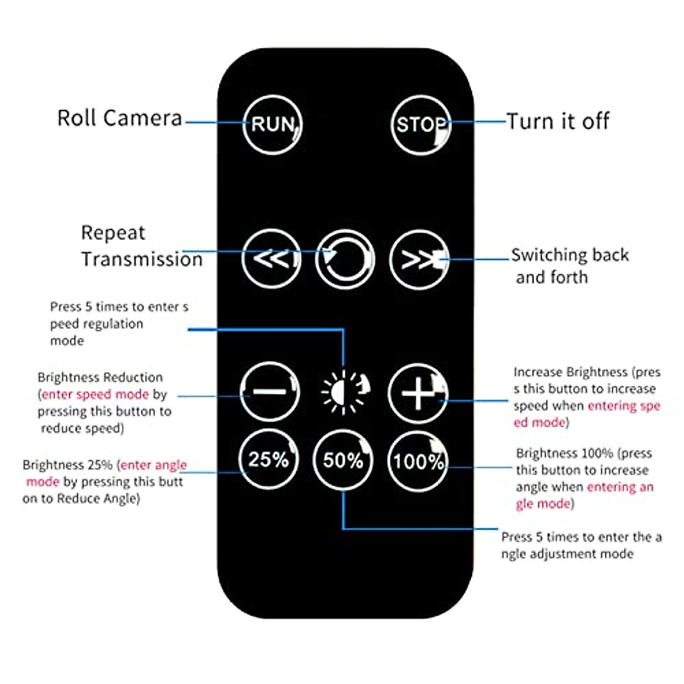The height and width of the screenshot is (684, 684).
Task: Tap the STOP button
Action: coord(421,124)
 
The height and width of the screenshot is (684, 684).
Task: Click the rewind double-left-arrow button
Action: coord(271,259)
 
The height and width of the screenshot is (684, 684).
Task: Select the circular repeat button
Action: coord(344,260)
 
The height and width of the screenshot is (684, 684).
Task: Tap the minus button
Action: coord(270,392)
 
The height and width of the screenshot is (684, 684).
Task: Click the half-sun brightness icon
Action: coord(344,392)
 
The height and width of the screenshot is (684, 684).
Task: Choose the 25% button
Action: coord(268,459)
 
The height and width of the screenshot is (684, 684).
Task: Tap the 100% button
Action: coord(418,461)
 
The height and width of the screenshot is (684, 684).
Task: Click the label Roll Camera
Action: coord(120,118)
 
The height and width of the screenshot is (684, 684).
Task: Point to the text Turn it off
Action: coord(557,121)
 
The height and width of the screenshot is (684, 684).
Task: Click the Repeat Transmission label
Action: coord(141,246)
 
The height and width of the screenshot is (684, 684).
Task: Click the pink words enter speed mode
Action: coord(95,394)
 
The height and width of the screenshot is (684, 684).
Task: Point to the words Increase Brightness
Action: coord(570,372)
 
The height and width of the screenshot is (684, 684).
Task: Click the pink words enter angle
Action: coord(154,465)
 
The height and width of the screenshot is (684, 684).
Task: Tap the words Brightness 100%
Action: coord(564,454)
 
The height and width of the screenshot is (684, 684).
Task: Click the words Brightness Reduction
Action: coord(100,377)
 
